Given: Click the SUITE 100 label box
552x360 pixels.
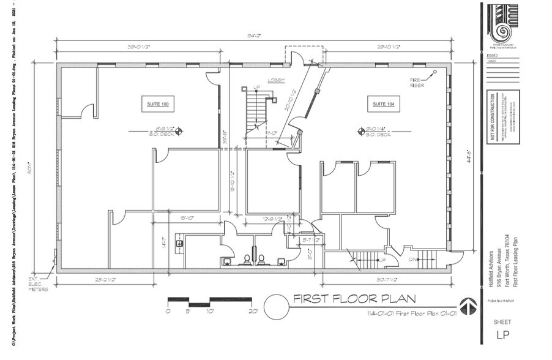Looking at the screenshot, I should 157,105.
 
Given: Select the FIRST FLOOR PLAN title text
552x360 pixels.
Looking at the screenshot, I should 354,299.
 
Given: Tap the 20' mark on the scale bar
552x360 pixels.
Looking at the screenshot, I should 252,311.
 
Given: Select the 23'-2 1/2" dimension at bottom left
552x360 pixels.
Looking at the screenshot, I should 105,280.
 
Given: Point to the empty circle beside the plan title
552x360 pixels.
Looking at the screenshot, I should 276,304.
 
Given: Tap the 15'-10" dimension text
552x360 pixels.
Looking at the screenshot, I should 187,217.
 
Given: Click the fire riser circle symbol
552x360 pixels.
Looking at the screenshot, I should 435,72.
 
